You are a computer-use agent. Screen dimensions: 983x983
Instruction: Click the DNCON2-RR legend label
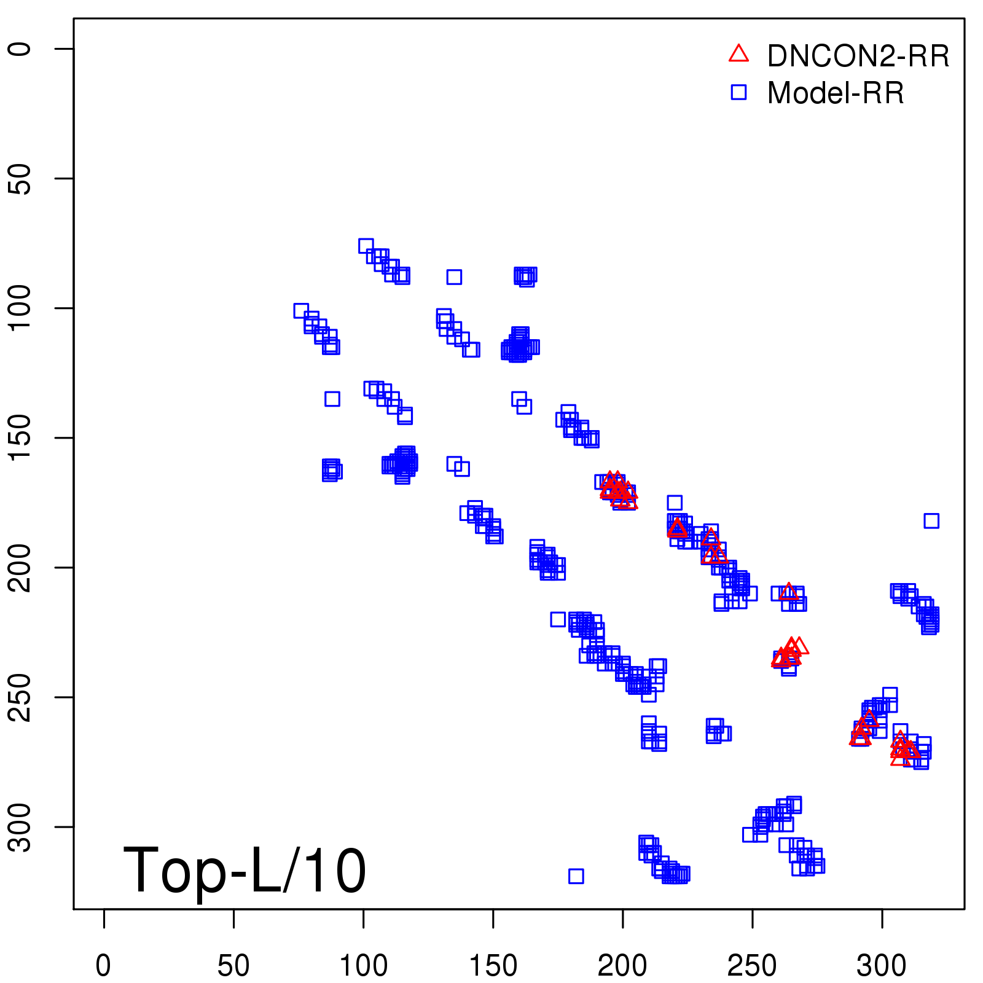[858, 56]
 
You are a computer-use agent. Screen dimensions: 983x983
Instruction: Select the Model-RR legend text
[836, 93]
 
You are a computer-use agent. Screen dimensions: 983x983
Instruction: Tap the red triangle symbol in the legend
[738, 54]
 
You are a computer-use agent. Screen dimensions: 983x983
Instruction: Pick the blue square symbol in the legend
[738, 92]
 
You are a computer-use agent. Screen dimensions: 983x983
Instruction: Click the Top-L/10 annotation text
[245, 870]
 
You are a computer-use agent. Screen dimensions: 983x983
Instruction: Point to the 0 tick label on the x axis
[103, 966]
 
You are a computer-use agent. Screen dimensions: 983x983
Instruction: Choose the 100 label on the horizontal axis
[363, 966]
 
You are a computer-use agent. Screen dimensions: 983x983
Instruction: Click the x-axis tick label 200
[622, 966]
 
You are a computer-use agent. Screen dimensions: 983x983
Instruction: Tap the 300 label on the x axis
[882, 966]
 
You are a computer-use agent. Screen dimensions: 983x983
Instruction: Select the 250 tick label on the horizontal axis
[752, 966]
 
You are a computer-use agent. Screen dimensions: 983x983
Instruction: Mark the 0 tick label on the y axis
[20, 49]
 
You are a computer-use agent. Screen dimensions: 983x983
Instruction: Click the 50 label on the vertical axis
[20, 179]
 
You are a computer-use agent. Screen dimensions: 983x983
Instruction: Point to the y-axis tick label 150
[20, 438]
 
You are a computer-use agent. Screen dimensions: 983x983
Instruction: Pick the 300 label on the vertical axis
[20, 827]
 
